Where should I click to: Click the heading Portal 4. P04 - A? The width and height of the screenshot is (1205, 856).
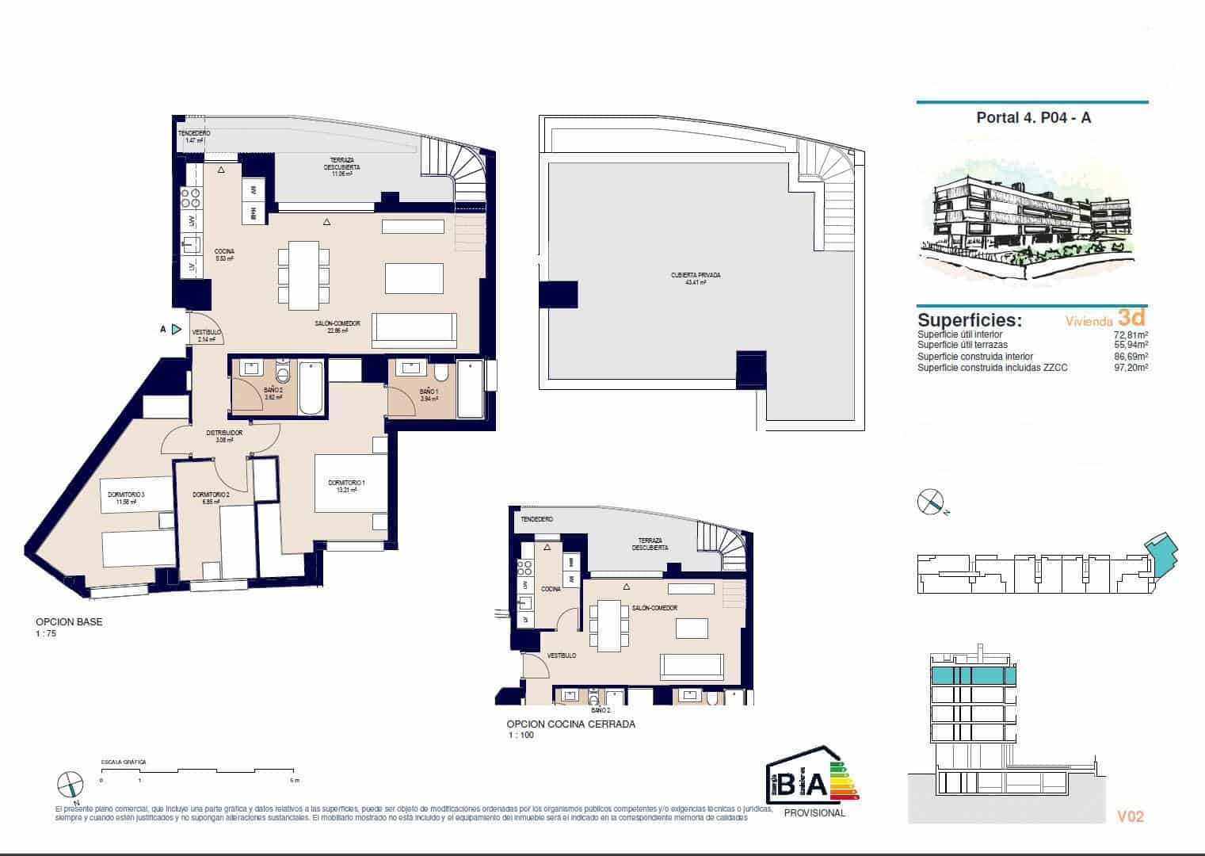click(1033, 118)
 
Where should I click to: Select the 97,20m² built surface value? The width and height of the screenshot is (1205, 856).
click(1131, 368)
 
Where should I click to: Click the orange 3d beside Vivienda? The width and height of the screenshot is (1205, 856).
click(1131, 318)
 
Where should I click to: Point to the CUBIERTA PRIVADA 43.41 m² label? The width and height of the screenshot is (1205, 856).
click(696, 279)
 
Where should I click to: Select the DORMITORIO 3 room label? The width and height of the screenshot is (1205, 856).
click(127, 497)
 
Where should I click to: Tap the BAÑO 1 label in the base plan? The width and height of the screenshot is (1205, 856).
click(429, 396)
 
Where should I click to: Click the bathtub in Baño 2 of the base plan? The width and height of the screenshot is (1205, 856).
click(311, 388)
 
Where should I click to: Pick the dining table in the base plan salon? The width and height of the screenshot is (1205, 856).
click(303, 275)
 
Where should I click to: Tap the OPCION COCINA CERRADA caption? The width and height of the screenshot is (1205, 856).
click(570, 724)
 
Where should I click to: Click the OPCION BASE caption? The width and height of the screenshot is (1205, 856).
click(69, 622)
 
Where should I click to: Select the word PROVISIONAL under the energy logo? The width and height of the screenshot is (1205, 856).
click(814, 812)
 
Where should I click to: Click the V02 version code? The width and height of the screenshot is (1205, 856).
click(1130, 816)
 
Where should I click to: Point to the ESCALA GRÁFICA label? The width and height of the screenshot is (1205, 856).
click(123, 762)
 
